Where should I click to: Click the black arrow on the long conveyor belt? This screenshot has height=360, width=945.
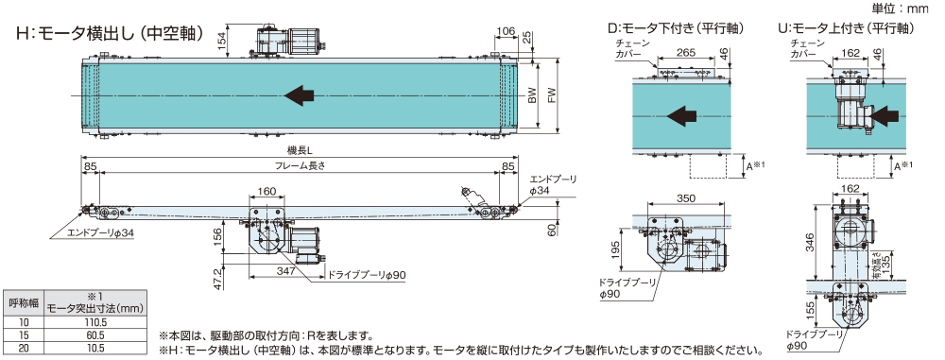pos(300,94)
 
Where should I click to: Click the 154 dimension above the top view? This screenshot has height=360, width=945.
pos(222,42)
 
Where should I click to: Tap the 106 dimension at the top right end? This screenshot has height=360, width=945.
pos(507,31)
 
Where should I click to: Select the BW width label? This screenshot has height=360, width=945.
pos(531,94)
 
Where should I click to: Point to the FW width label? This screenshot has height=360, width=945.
pos(551,94)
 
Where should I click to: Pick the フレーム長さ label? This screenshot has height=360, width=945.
pos(299,166)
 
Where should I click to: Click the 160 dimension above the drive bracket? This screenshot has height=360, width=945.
pos(266,192)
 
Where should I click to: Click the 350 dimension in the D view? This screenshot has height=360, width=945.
pos(686,198)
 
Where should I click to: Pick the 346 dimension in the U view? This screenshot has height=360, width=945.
pos(811,243)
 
